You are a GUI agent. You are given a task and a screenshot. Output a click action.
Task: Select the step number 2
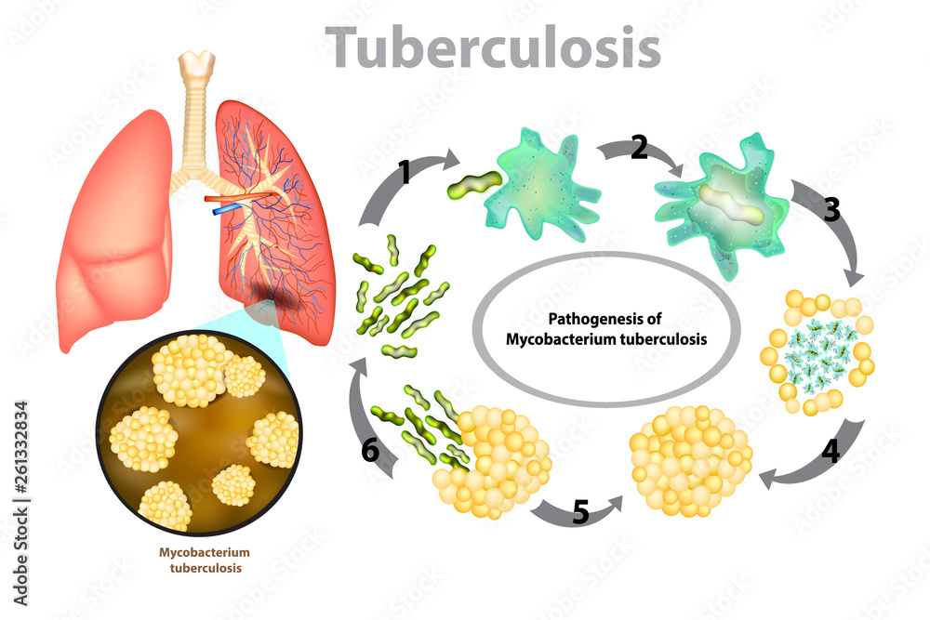click(x=639, y=147)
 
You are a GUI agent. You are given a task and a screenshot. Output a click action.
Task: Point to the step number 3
click(x=831, y=209)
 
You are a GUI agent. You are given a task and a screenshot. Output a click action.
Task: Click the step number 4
click(x=830, y=451)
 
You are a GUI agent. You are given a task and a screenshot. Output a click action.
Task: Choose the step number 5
click(x=580, y=513)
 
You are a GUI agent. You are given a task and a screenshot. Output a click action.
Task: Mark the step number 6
click(x=371, y=452)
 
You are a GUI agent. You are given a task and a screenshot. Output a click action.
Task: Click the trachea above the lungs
click(x=195, y=112)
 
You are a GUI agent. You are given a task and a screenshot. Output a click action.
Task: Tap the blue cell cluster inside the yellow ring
click(x=814, y=352)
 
